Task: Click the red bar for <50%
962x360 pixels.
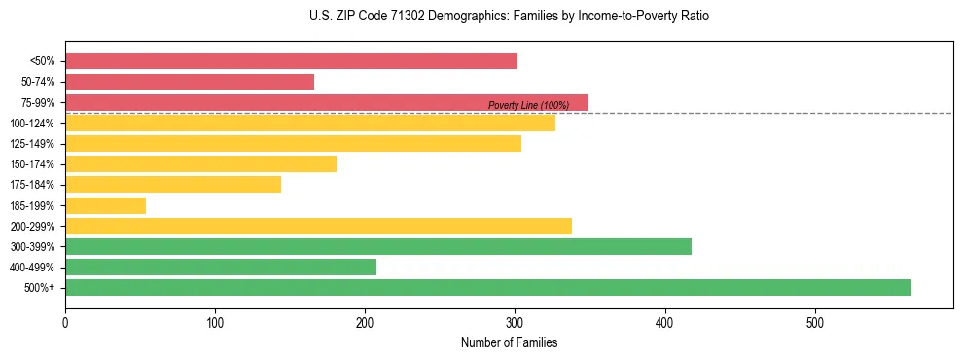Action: (x=291, y=61)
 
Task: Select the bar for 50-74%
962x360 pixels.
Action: (x=190, y=82)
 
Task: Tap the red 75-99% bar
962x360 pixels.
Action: (x=326, y=102)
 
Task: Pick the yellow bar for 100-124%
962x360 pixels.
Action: (x=309, y=123)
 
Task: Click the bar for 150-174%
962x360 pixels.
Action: (x=200, y=163)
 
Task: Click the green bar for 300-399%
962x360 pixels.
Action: (x=377, y=246)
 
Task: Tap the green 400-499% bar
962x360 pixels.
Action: (x=221, y=267)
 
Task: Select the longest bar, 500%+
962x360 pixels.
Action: (x=487, y=287)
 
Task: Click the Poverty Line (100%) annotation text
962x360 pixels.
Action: (x=528, y=105)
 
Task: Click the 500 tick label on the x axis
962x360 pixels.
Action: (x=815, y=322)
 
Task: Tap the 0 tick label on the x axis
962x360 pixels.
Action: (x=65, y=322)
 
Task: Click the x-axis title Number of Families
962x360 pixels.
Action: (x=509, y=342)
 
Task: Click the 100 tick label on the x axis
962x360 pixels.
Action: (x=215, y=322)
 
